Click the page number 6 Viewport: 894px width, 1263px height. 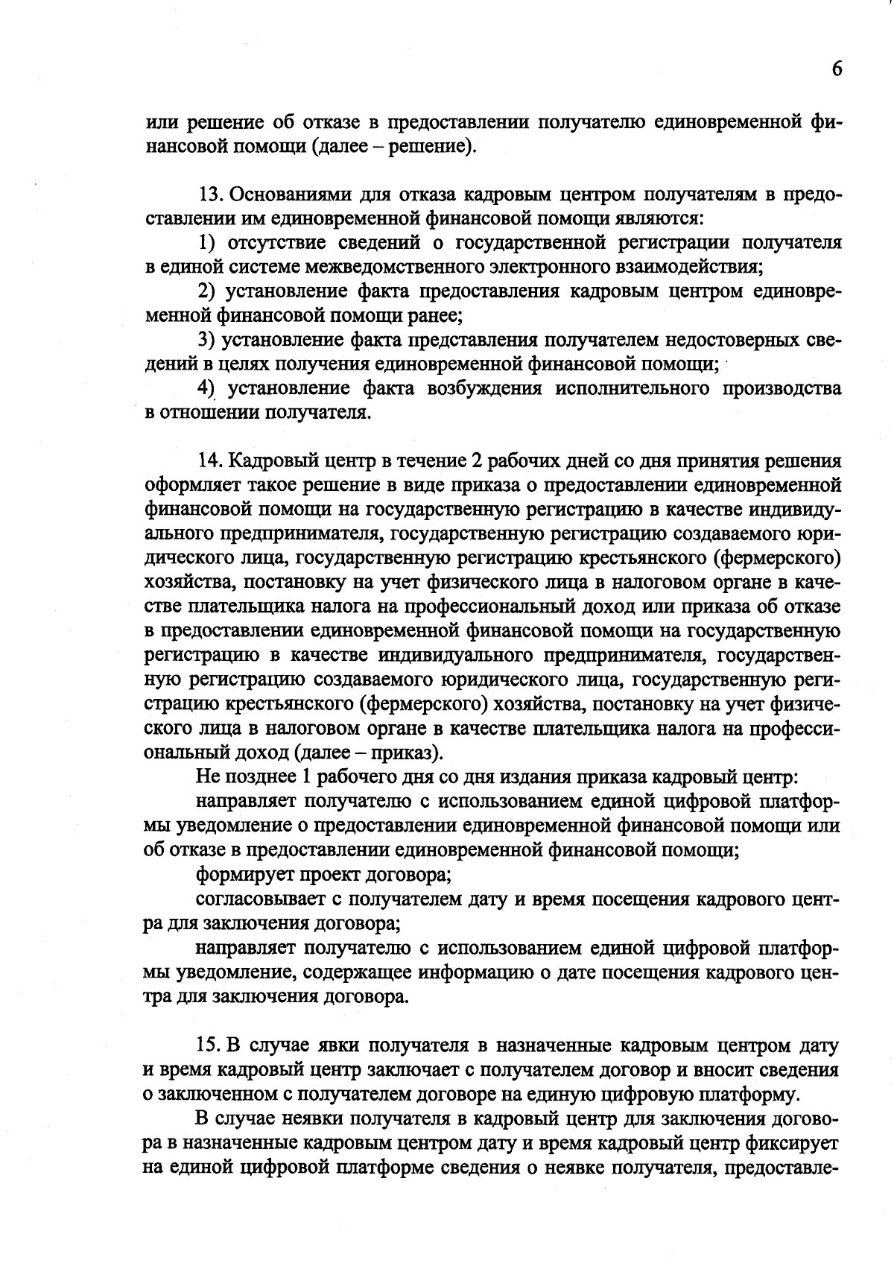837,69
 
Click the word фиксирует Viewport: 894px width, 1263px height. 798,1142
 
